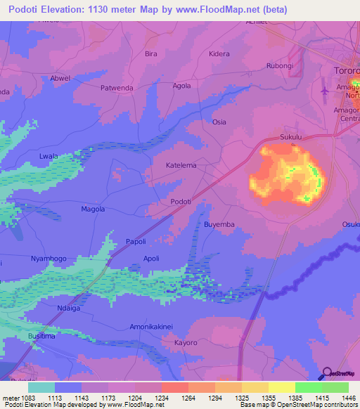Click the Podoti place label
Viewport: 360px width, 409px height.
pos(182,202)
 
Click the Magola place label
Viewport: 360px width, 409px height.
pos(93,209)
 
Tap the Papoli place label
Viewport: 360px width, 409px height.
pos(136,241)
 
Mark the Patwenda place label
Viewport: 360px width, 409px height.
pos(117,88)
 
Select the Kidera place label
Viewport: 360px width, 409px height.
pos(219,53)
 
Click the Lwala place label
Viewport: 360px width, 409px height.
pos(49,156)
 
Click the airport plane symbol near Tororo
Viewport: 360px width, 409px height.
pos(324,91)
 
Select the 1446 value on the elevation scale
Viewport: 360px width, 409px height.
pos(348,398)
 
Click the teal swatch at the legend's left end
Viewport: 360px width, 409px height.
pos(41,387)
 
